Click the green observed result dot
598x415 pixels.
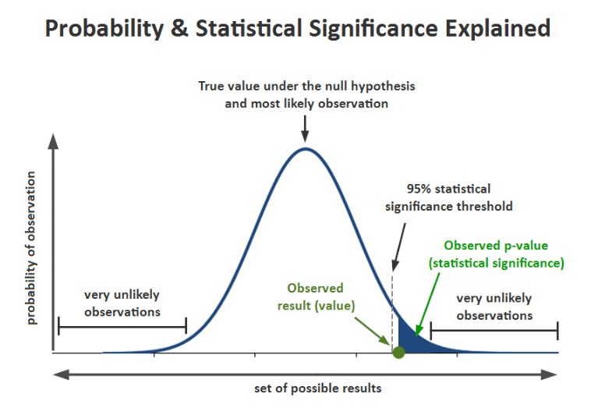coord(398,353)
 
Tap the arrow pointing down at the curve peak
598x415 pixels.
coord(305,125)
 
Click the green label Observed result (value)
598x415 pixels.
coord(315,296)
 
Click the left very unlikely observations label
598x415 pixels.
coord(122,303)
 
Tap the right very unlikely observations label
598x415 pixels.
coord(494,307)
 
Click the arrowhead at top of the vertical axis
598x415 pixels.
coord(53,140)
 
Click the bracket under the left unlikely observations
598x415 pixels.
coord(122,327)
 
